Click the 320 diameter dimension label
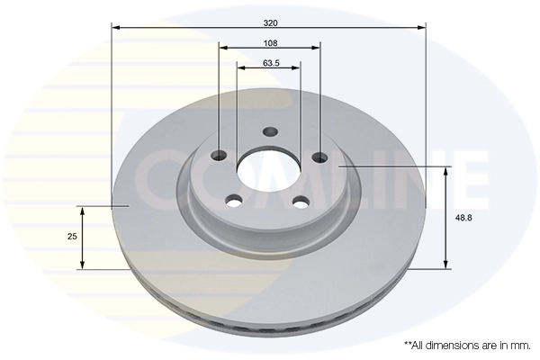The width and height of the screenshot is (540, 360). pyautogui.click(x=268, y=21)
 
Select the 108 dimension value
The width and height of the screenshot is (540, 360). pyautogui.click(x=270, y=42)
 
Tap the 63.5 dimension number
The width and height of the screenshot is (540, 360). pyautogui.click(x=268, y=63)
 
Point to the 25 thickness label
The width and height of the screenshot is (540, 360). pyautogui.click(x=69, y=236)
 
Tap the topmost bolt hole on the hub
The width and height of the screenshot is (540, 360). pyautogui.click(x=270, y=132)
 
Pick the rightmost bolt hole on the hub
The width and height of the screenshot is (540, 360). pyautogui.click(x=320, y=157)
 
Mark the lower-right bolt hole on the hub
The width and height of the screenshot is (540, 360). pyautogui.click(x=301, y=200)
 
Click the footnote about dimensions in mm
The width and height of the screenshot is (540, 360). pyautogui.click(x=466, y=345)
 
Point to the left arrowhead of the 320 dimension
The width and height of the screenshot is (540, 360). pyautogui.click(x=114, y=28)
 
